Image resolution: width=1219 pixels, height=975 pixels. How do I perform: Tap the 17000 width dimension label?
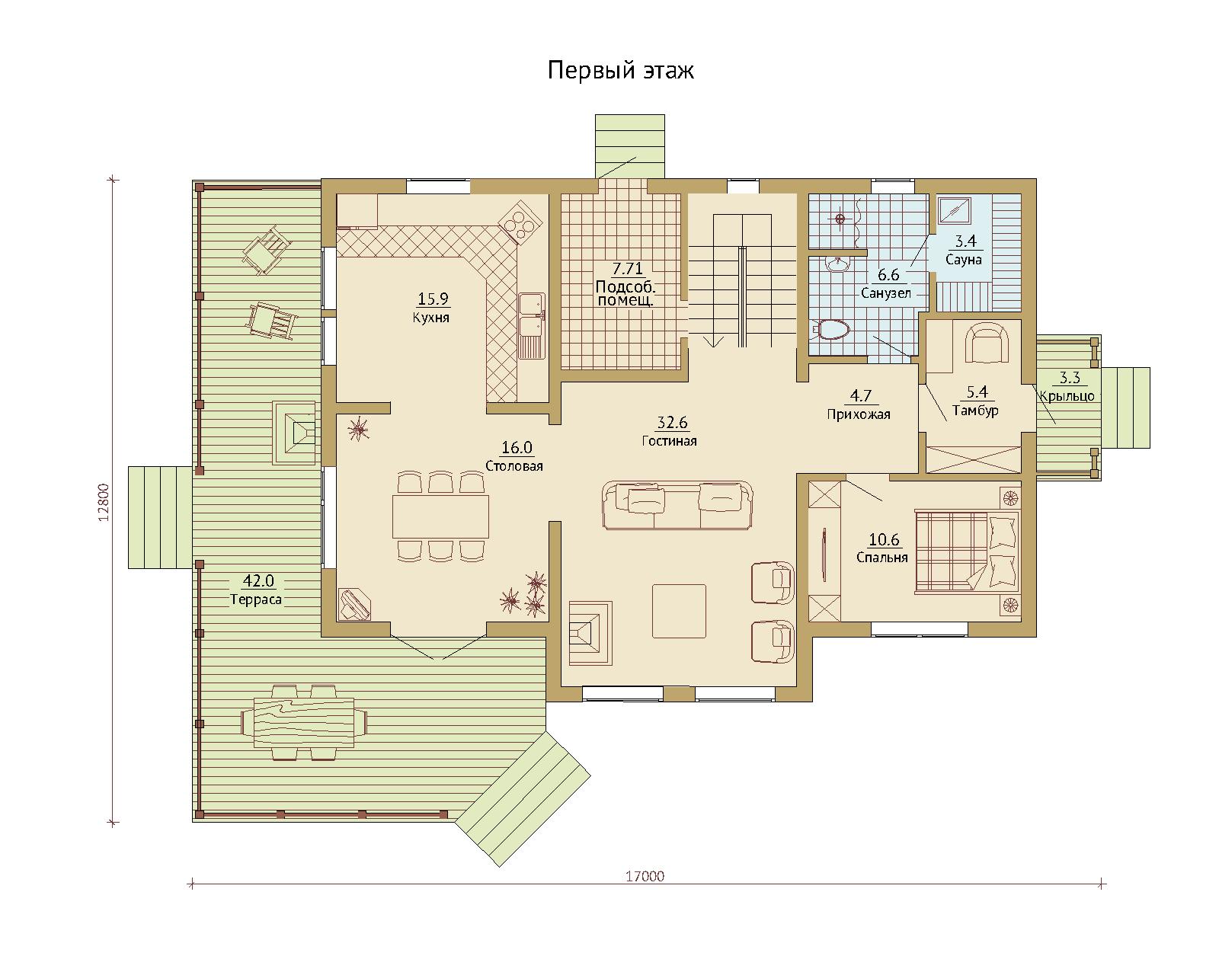click(645, 877)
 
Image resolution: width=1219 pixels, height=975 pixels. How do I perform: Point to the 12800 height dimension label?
click(103, 502)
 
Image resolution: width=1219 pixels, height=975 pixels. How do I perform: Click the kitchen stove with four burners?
click(520, 222)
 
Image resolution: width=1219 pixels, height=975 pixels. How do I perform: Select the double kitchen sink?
click(531, 326)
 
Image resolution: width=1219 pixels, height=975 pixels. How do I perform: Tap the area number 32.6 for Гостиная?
click(672, 423)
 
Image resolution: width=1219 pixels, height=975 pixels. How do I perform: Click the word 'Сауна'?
click(964, 260)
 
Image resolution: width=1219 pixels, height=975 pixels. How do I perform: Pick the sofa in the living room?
click(677, 505)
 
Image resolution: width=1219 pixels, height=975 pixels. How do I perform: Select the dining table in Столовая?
click(440, 516)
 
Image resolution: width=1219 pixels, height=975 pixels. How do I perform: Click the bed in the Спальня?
click(967, 552)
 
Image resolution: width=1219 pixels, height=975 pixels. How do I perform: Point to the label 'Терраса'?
click(256, 599)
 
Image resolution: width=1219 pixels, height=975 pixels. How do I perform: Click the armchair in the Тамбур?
click(987, 342)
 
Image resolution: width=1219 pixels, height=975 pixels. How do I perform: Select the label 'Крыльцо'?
click(1067, 396)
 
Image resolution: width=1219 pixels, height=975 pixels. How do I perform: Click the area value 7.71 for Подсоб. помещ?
click(628, 268)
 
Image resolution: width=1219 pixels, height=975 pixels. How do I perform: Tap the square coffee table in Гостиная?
click(679, 612)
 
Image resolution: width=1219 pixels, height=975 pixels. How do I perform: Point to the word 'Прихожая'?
click(859, 414)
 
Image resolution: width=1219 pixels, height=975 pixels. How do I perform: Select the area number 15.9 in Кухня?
click(433, 299)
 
